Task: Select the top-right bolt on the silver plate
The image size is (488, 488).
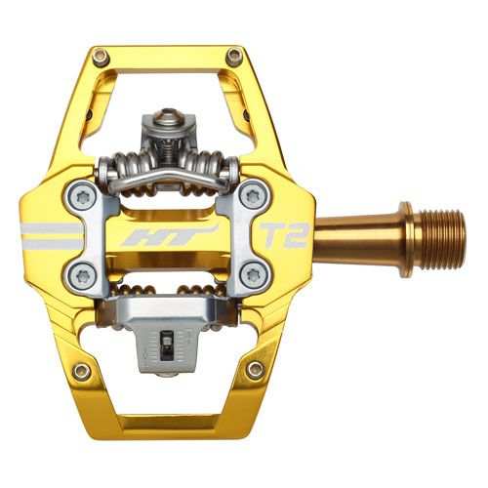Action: [252, 196]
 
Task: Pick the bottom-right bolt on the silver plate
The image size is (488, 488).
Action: [252, 274]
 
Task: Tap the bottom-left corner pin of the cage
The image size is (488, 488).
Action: [83, 371]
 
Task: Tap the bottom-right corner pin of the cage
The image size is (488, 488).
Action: [255, 370]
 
